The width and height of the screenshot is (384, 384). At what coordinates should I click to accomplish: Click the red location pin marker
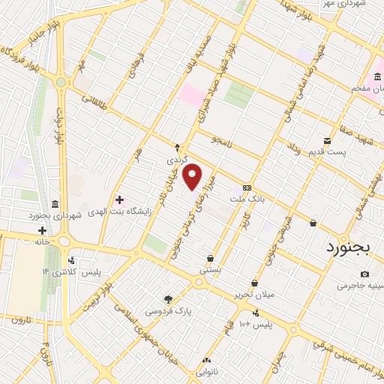point(193,176)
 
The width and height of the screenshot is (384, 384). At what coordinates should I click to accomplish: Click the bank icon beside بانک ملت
point(246,187)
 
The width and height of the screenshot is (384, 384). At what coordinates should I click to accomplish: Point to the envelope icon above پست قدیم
point(327,140)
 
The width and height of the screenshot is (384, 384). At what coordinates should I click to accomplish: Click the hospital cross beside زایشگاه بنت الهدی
point(119,199)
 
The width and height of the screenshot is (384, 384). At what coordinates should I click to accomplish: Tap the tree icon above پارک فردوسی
point(168,298)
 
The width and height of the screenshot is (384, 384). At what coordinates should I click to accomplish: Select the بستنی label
point(211,268)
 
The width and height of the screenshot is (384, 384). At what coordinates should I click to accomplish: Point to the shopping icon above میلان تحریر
point(255,283)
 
